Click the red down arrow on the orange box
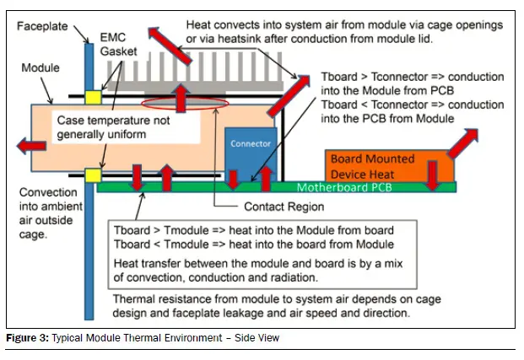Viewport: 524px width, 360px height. coord(430,172)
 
